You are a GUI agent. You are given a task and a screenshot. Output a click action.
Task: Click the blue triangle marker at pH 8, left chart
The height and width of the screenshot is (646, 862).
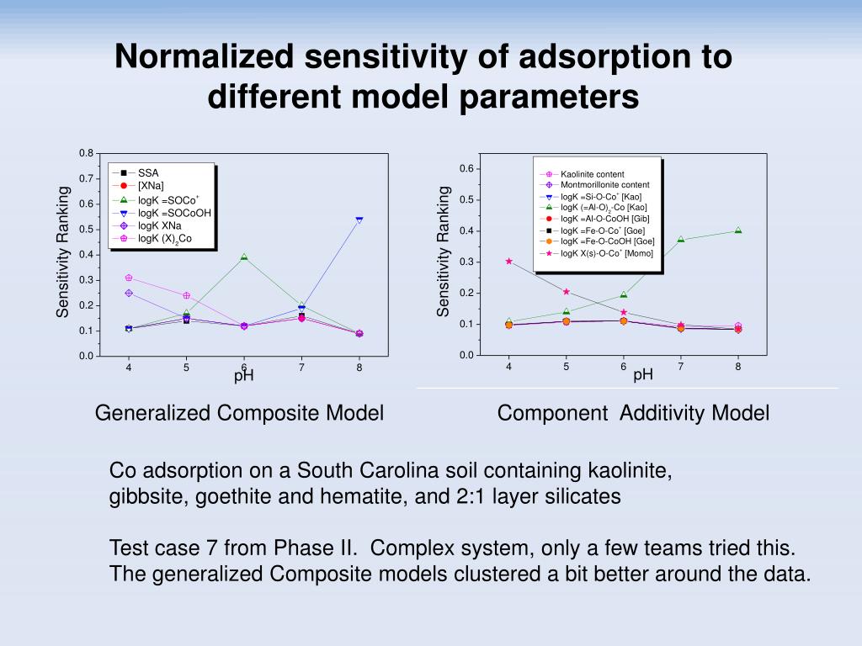point(359,220)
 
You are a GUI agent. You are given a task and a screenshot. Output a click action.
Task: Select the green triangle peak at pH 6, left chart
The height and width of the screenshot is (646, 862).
point(244,257)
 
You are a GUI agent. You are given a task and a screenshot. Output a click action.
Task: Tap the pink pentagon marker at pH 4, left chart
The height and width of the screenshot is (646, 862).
point(129,278)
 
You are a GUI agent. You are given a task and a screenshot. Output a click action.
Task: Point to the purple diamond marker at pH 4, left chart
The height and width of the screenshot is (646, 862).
point(129,293)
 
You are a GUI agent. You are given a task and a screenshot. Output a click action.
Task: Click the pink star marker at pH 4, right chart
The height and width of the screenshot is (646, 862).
point(508,261)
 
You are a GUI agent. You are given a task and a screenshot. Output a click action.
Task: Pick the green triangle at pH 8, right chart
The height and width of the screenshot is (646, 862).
point(738,230)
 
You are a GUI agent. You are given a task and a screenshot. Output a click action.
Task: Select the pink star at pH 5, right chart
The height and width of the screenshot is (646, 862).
point(567,292)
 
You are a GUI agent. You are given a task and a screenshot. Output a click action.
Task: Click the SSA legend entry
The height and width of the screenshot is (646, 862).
point(148,173)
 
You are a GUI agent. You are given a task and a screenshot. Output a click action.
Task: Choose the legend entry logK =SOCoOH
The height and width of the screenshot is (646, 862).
point(174,213)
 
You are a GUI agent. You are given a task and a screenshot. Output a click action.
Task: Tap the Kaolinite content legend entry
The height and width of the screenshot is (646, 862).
point(593,174)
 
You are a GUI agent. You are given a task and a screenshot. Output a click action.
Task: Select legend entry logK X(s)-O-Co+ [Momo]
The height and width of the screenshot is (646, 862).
point(601,253)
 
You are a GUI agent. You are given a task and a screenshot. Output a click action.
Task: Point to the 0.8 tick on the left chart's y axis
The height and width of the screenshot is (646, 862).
point(86,153)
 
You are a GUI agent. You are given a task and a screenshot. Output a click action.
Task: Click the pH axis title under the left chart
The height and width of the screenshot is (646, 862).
point(244,376)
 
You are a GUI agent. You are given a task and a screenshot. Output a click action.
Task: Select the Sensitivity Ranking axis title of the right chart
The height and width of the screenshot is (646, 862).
point(444,252)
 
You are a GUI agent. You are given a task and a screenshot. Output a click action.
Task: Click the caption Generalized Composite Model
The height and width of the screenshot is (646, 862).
point(239,413)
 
